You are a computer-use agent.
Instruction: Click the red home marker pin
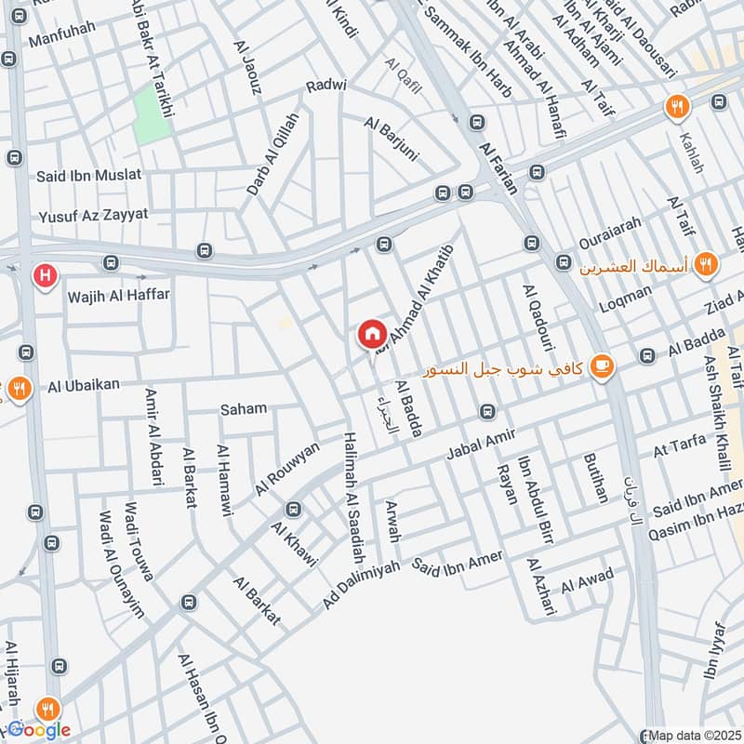click(371, 334)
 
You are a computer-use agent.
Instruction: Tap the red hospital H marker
click(43, 276)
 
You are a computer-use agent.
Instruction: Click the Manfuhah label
click(62, 41)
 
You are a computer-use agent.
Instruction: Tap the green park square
click(151, 116)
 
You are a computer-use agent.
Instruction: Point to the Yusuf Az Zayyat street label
click(93, 215)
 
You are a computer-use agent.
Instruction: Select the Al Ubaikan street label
click(86, 384)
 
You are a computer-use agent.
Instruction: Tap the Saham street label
click(243, 408)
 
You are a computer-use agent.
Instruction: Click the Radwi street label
click(326, 86)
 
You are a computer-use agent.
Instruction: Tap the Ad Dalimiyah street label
click(361, 584)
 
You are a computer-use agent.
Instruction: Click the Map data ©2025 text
click(692, 735)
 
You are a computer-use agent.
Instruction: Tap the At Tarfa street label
click(680, 445)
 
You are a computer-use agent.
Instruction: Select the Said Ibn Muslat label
click(89, 175)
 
